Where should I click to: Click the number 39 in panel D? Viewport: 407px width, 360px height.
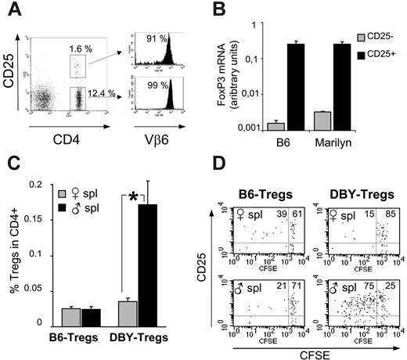(x=277, y=214)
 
